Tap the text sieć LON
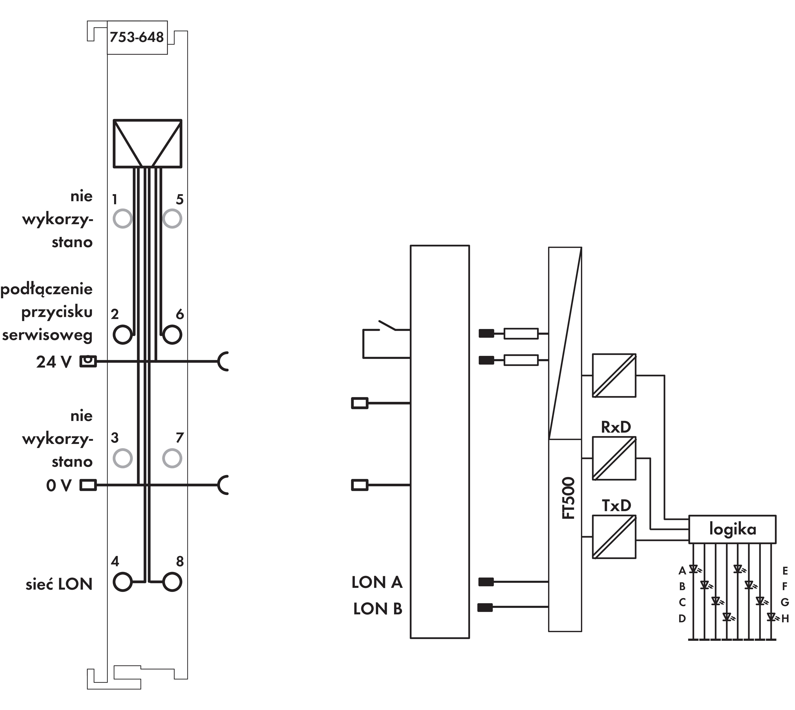point(59,584)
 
